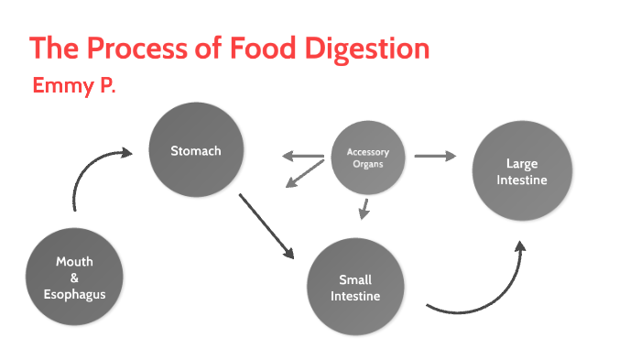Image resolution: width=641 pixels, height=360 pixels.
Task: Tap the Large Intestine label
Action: [522, 172]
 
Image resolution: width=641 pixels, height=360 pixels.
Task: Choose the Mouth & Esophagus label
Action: [74, 278]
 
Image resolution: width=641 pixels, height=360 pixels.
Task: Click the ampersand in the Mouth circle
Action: [74, 278]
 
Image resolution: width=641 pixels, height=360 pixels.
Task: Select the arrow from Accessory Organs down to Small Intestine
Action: [364, 209]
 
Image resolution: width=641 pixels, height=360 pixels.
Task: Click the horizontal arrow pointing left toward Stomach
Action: [302, 156]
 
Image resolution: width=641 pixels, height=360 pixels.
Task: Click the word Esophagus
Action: [74, 295]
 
